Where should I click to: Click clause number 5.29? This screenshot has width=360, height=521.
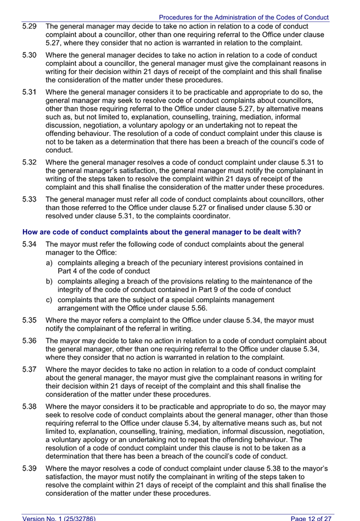tap(29, 26)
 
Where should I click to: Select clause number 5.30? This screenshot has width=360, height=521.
tap(29, 55)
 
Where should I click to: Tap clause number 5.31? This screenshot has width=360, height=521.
tap(29, 93)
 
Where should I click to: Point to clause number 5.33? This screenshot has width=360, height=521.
tap(29, 200)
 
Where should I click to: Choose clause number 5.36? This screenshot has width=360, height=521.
tap(29, 341)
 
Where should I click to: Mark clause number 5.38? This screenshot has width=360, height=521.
tap(29, 407)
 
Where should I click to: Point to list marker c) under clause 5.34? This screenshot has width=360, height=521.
tap(50, 300)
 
